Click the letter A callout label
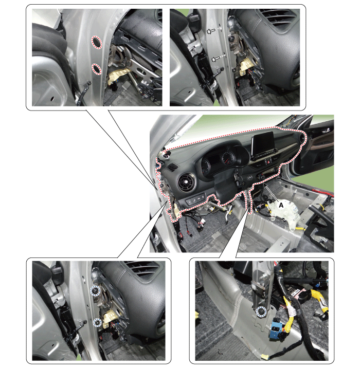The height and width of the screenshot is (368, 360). [x=281, y=205]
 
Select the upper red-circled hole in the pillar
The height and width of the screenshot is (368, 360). [x=97, y=42]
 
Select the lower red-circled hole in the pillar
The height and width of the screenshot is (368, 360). [x=96, y=69]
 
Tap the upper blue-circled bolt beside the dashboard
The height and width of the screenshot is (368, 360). [x=95, y=292]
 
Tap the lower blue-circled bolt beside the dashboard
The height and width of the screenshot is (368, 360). [x=97, y=323]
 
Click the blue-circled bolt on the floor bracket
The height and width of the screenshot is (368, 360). [x=261, y=311]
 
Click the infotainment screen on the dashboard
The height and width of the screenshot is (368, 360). [x=263, y=143]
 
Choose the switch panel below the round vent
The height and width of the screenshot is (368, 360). [x=195, y=201]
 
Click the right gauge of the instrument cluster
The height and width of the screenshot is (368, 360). [x=227, y=157]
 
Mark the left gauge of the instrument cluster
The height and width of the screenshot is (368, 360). [x=206, y=165]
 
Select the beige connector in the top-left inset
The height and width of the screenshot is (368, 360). [x=117, y=76]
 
